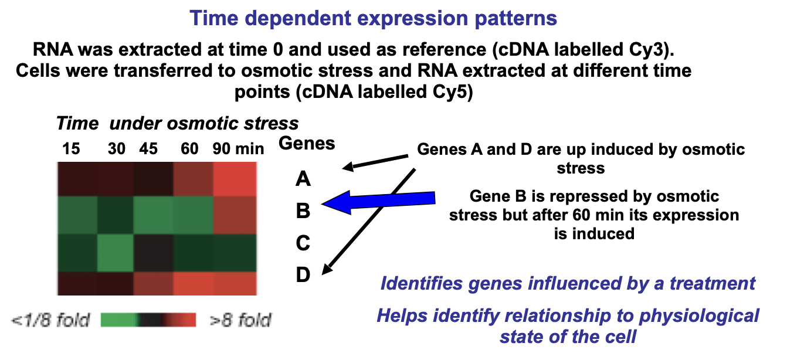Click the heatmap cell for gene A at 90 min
tap(235, 179)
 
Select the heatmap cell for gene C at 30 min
tap(116, 253)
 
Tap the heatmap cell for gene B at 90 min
tap(235, 215)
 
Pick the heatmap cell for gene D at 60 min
tap(194, 283)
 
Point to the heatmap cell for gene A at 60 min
tap(194, 179)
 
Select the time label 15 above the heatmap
tap(72, 148)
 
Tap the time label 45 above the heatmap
tap(148, 148)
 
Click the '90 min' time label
tap(238, 148)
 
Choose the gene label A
tap(303, 179)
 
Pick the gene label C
tap(303, 243)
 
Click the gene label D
tap(303, 274)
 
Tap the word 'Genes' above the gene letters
tap(307, 143)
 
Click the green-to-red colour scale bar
tap(148, 320)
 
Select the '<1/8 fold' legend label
tap(50, 320)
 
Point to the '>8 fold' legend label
tap(240, 320)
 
